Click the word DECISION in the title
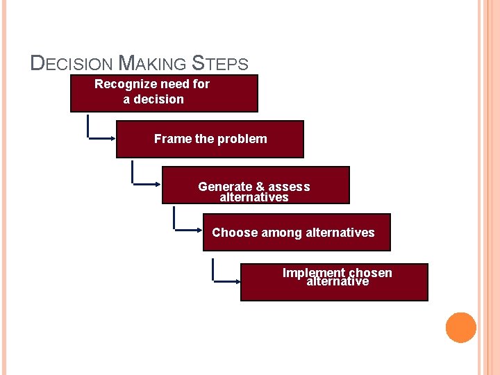pos(72,64)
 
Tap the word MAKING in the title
pos(153,64)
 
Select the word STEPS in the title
pos(219,64)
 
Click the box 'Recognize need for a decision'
pos(164,93)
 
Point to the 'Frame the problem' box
pos(210,140)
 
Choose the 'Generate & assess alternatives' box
pos(256,185)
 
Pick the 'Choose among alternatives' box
pos(297,233)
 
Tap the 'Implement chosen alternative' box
pos(334,282)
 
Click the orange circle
pos(460,328)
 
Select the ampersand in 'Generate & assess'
pos(260,187)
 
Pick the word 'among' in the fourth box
pos(281,233)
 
